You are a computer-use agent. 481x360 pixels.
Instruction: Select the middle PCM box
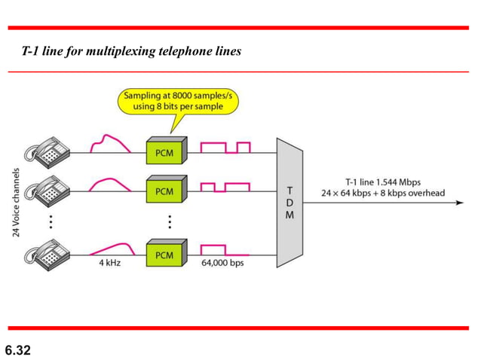click(164, 191)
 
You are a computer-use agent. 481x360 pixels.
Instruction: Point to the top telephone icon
click(46, 150)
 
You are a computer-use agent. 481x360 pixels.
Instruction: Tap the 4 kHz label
click(109, 264)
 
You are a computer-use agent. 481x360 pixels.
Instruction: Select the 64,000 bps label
click(222, 264)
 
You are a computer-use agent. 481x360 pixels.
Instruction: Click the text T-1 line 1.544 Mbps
click(382, 182)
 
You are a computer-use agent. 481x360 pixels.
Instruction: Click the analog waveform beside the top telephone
click(108, 144)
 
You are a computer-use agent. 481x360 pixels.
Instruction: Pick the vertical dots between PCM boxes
click(170, 221)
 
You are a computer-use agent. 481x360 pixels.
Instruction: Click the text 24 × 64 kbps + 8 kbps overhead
click(384, 194)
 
